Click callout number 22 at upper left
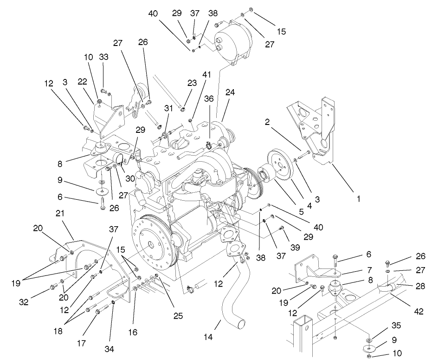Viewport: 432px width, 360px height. pyautogui.click(x=83, y=81)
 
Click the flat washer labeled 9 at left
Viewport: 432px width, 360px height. pyautogui.click(x=101, y=190)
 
